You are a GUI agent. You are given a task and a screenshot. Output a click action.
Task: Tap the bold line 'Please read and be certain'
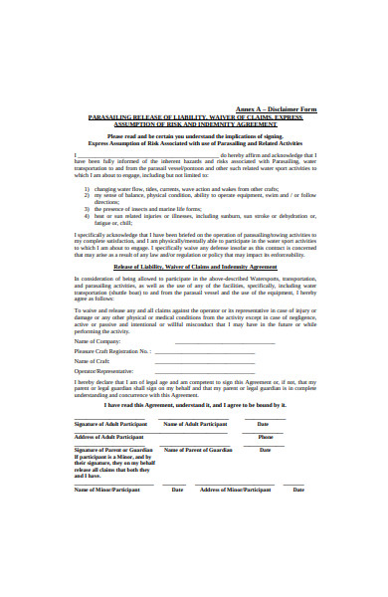pos(194,136)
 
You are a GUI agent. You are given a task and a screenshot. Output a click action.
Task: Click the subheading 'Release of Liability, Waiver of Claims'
pos(194,267)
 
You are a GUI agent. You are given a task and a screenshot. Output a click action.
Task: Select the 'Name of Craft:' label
pos(94,360)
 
